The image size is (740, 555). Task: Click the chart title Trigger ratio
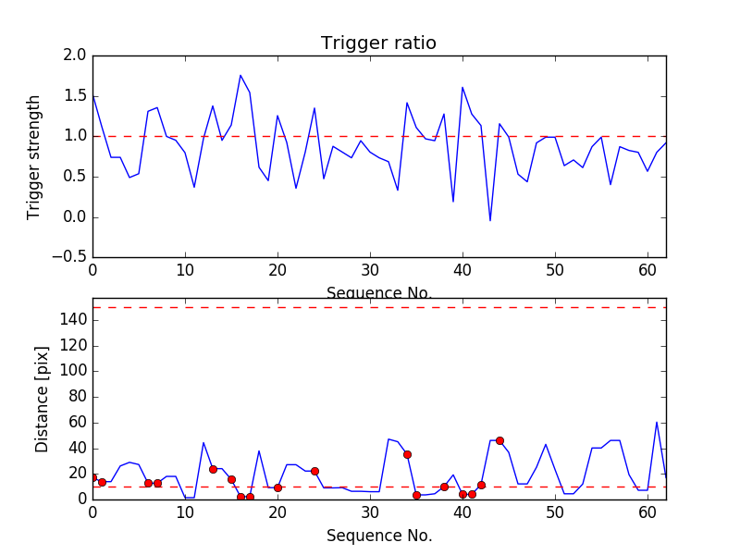click(x=378, y=43)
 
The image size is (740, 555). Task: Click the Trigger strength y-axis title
click(x=34, y=156)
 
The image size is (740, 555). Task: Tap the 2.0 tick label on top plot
click(x=76, y=55)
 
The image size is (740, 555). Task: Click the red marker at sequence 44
click(x=499, y=440)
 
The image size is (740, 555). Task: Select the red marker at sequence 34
click(x=407, y=454)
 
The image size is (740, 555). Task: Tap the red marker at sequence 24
click(x=314, y=471)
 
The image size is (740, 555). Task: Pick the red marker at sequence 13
click(x=213, y=469)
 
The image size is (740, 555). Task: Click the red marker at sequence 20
click(x=277, y=487)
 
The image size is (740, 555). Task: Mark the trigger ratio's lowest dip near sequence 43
click(x=490, y=220)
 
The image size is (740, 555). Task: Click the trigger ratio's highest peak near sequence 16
click(x=240, y=75)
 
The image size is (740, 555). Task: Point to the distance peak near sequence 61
click(x=657, y=423)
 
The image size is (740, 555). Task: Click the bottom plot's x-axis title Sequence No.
click(x=378, y=536)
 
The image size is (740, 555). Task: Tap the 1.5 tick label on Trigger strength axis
click(x=76, y=96)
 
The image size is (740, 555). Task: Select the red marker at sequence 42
click(x=481, y=485)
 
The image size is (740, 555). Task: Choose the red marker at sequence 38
click(x=444, y=487)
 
